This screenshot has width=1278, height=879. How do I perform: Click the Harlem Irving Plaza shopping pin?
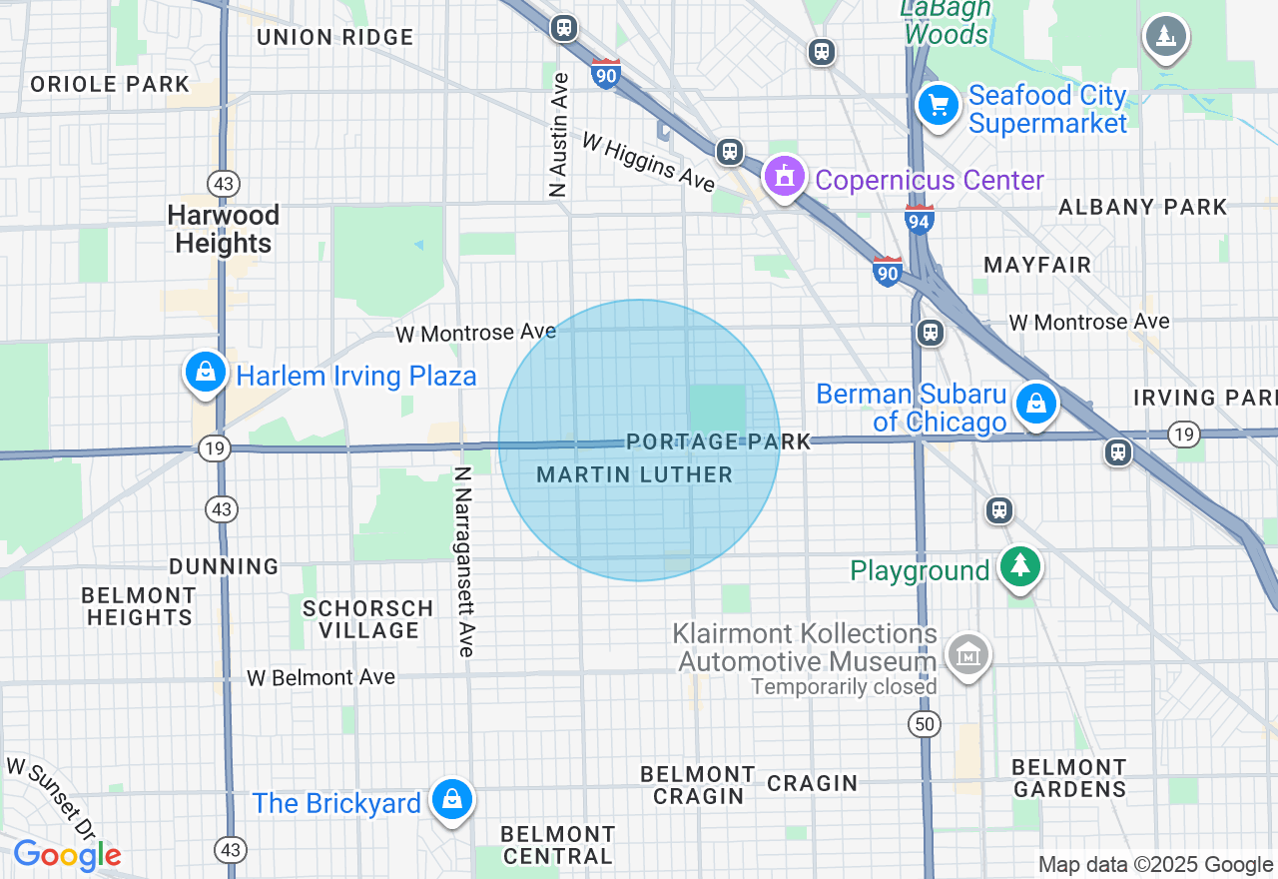tap(205, 374)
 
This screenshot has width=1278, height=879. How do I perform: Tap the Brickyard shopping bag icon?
tap(452, 800)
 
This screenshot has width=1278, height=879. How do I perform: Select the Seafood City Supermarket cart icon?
tap(938, 106)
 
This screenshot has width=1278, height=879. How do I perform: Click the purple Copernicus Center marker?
tap(785, 178)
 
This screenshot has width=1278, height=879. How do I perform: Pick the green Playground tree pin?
tap(1019, 567)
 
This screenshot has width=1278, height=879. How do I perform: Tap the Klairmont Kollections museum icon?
tap(967, 656)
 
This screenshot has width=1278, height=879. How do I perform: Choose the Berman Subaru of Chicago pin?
tap(1036, 405)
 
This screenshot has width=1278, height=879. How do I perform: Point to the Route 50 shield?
tap(926, 723)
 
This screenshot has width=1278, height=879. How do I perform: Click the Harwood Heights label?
tap(223, 229)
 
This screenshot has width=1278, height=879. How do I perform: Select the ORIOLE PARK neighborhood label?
tap(110, 84)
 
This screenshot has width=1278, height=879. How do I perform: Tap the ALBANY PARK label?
tap(1142, 207)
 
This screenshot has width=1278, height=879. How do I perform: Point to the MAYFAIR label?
tap(1037, 265)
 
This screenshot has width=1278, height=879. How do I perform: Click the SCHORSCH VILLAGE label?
tap(368, 619)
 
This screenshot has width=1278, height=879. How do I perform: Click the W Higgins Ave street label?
tap(648, 163)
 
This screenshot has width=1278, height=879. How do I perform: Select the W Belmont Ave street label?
tap(321, 677)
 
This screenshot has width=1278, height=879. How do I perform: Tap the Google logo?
tap(67, 855)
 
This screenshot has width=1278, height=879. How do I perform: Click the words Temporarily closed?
tap(844, 687)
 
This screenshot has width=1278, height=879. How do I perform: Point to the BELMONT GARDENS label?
tap(1069, 778)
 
